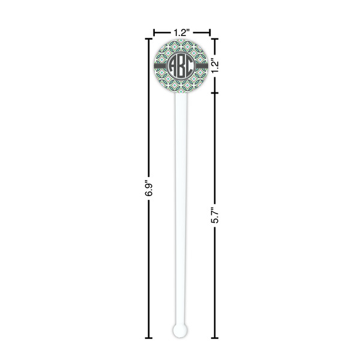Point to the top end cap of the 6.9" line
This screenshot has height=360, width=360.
coord(149,38)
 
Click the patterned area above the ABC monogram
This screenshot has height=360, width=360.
coord(180,45)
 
